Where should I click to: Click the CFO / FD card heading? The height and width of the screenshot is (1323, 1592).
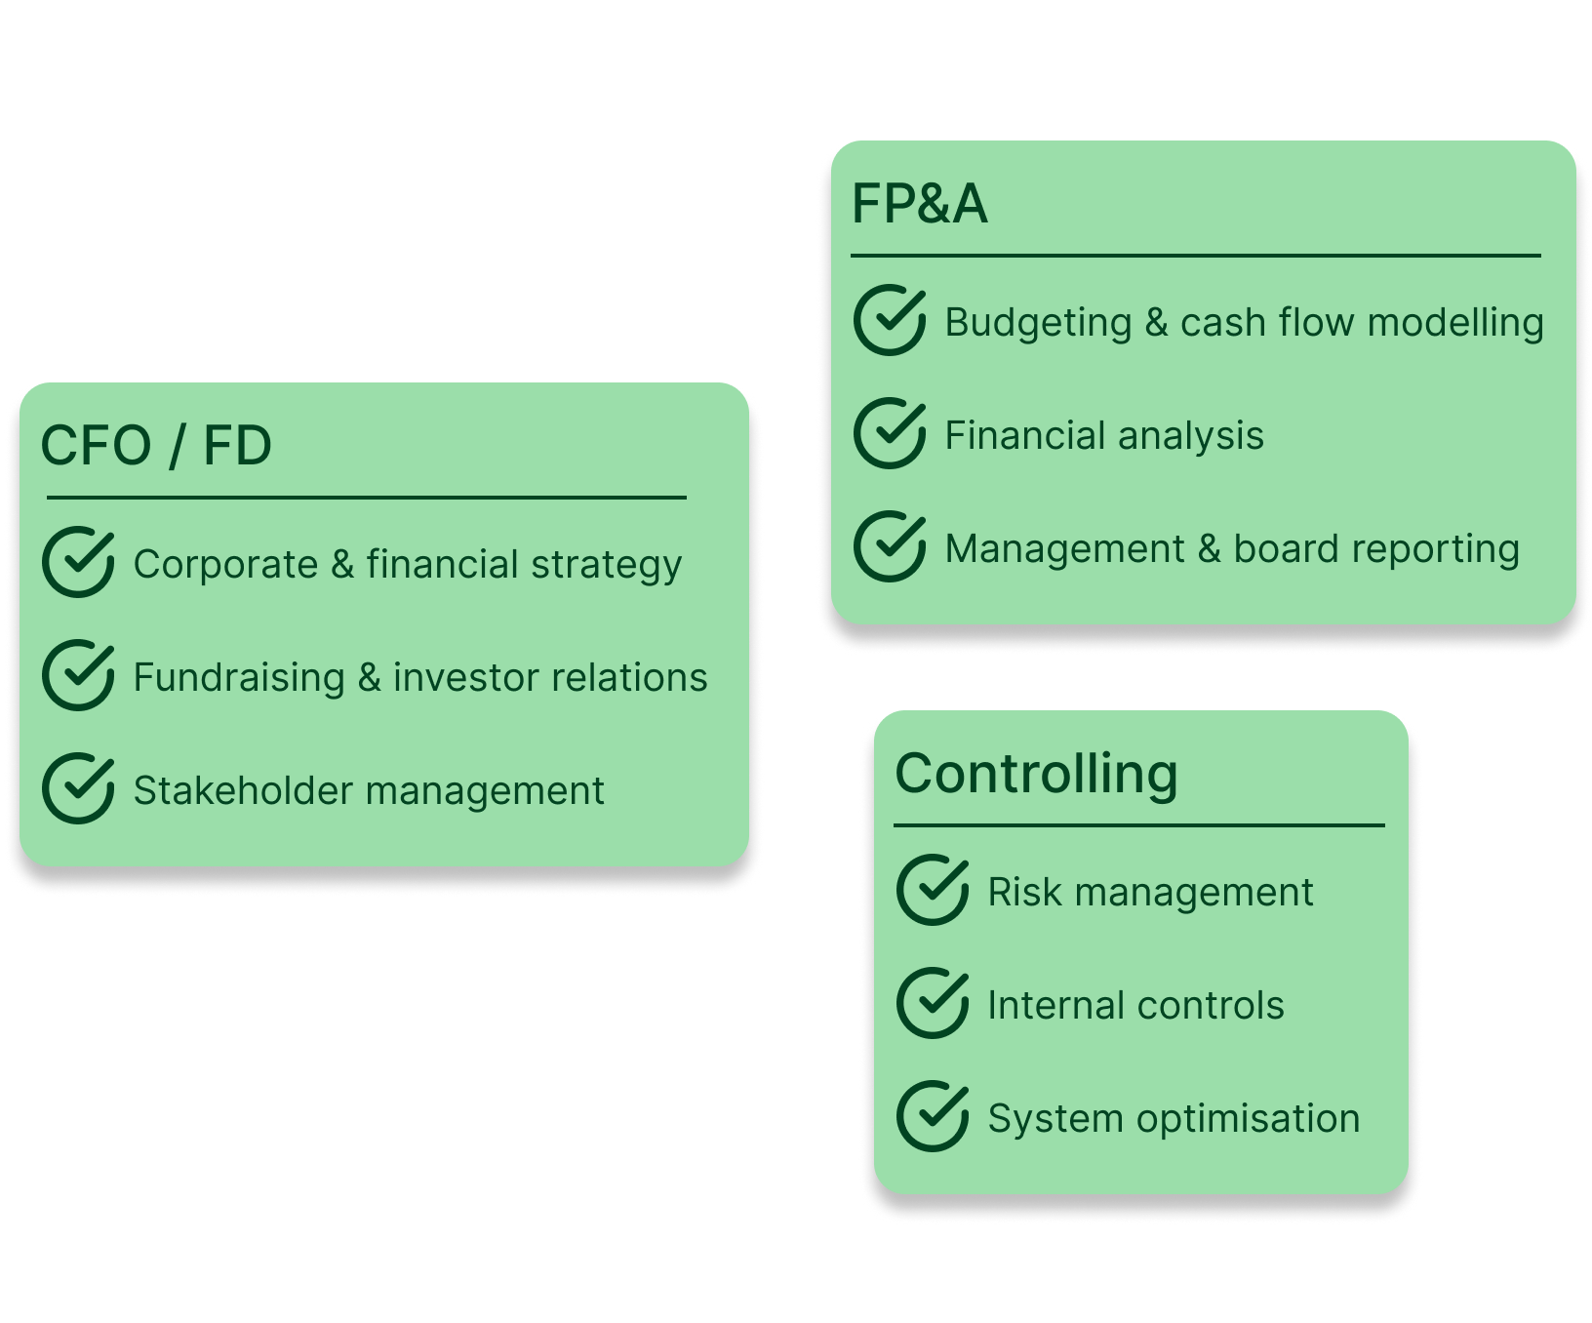(156, 446)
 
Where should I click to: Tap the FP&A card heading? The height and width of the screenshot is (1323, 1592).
(919, 205)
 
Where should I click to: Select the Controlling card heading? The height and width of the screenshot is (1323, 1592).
(1036, 774)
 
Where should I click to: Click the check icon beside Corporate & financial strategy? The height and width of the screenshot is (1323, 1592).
(78, 562)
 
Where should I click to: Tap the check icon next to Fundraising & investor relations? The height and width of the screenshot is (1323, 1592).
(78, 675)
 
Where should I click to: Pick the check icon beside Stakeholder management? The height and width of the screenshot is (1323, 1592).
(78, 788)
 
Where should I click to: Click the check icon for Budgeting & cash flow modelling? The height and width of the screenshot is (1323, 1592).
(889, 320)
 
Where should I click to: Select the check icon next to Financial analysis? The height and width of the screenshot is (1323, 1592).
(889, 433)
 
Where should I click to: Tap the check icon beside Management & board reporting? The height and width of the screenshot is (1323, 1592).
(889, 546)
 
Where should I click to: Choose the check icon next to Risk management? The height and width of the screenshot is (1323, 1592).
(932, 890)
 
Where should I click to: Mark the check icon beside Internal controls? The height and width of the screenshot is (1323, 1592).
(932, 1003)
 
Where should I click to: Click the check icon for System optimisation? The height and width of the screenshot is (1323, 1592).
(932, 1116)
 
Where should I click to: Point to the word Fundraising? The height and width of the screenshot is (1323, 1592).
(239, 678)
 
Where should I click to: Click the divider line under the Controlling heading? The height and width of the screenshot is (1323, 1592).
(1138, 825)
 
